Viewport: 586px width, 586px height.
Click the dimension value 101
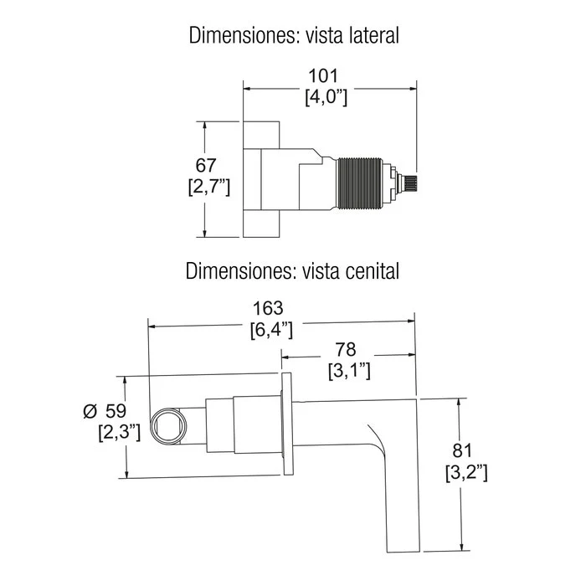(323, 76)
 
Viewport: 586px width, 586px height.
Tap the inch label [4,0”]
(326, 98)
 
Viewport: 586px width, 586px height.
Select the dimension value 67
(206, 165)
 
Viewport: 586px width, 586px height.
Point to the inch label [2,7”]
(209, 187)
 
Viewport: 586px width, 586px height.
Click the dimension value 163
(269, 308)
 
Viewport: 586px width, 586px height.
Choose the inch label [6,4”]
(271, 330)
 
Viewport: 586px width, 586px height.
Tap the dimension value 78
(346, 349)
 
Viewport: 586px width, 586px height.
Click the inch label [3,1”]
(349, 371)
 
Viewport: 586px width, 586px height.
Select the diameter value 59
(116, 411)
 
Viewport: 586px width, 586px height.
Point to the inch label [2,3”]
(120, 433)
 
